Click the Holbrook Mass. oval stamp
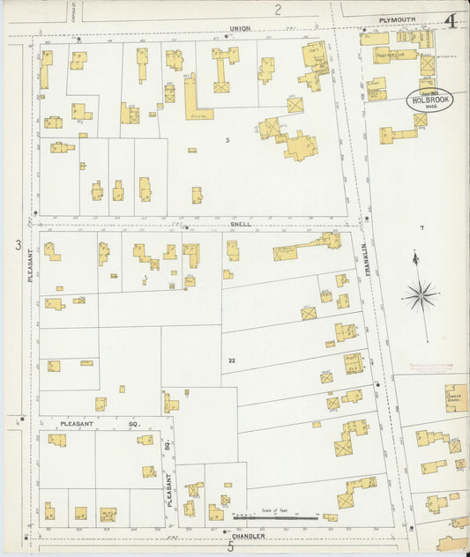click(x=429, y=100)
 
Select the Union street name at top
click(x=240, y=28)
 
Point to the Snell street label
click(x=241, y=224)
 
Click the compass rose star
click(x=420, y=295)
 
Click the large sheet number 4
click(x=450, y=19)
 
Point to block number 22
click(x=231, y=360)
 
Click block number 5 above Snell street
click(x=227, y=141)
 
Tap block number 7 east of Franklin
click(x=422, y=228)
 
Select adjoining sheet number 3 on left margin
click(x=17, y=244)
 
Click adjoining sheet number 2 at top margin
click(x=277, y=10)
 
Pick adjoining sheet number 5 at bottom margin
click(x=231, y=547)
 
